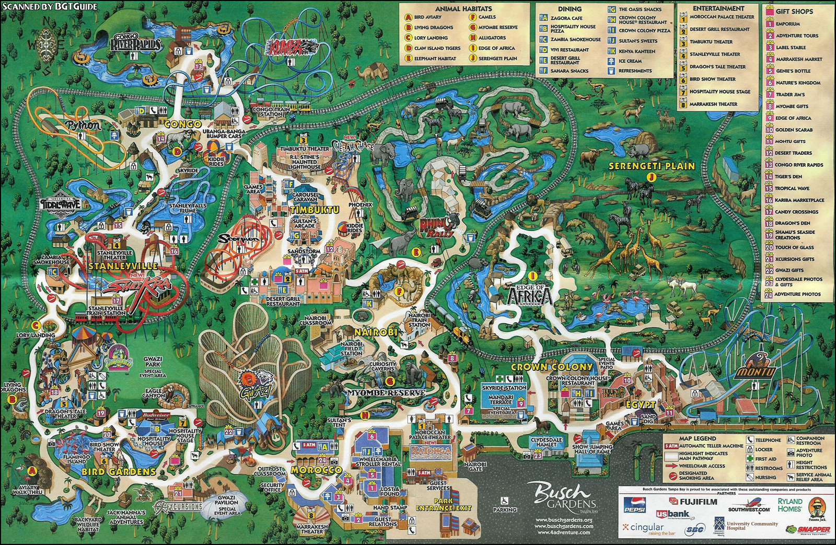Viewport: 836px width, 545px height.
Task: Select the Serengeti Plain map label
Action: (652, 166)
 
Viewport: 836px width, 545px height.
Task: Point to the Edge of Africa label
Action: (529, 295)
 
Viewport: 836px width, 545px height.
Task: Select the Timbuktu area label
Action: (315, 210)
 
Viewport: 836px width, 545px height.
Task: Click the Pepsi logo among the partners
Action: (635, 505)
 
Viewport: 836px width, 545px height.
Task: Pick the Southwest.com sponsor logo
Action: (749, 508)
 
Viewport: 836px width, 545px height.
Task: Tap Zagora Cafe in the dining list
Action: (566, 18)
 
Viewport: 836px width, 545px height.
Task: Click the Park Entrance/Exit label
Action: (444, 504)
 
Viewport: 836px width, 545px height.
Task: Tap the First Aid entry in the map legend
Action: (765, 459)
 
